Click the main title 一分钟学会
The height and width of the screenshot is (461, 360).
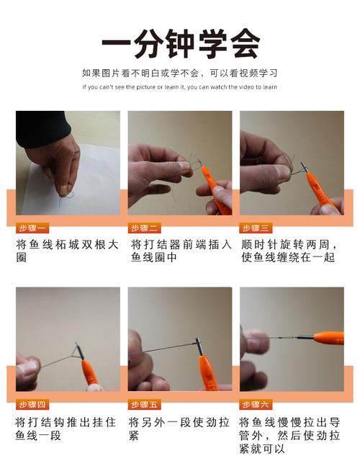coord(180,45)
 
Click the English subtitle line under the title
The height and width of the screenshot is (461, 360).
coord(180,87)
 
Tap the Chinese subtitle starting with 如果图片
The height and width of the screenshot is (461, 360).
coord(180,73)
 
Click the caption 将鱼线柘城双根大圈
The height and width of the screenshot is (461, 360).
coord(68,251)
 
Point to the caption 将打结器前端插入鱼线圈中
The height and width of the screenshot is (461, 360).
coord(180,251)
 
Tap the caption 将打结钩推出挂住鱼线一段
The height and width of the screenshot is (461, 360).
coord(68,429)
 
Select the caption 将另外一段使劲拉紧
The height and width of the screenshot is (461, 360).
coord(180,429)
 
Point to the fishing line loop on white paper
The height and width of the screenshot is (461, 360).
coord(71,193)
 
